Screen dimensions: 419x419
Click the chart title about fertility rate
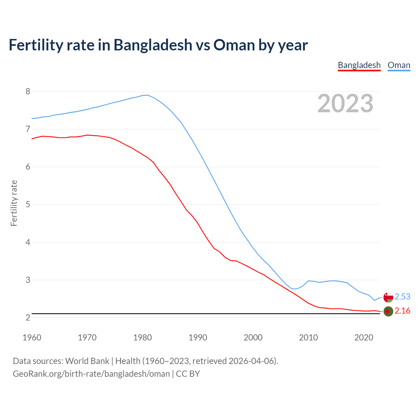point(158,45)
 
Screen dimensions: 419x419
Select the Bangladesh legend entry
point(359,65)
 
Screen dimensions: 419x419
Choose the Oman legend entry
point(399,65)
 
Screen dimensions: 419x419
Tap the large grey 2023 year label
point(345,103)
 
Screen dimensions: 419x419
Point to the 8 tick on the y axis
point(28,91)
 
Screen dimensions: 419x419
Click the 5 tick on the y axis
point(28,205)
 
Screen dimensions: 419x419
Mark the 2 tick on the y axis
point(28,318)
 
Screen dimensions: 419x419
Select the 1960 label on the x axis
point(32,337)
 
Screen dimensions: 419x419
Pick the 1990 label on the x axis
point(198,337)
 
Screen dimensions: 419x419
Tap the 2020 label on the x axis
point(364,337)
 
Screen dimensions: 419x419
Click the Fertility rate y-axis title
point(14,203)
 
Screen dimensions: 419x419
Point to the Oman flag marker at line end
point(388,297)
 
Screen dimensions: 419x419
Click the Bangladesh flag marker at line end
point(388,311)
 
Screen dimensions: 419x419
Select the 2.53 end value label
point(402,297)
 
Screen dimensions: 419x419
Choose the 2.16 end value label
point(402,311)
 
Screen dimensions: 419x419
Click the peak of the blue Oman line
point(148,95)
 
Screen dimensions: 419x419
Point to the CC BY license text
point(188,374)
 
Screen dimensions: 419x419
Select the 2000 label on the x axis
point(253,337)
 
